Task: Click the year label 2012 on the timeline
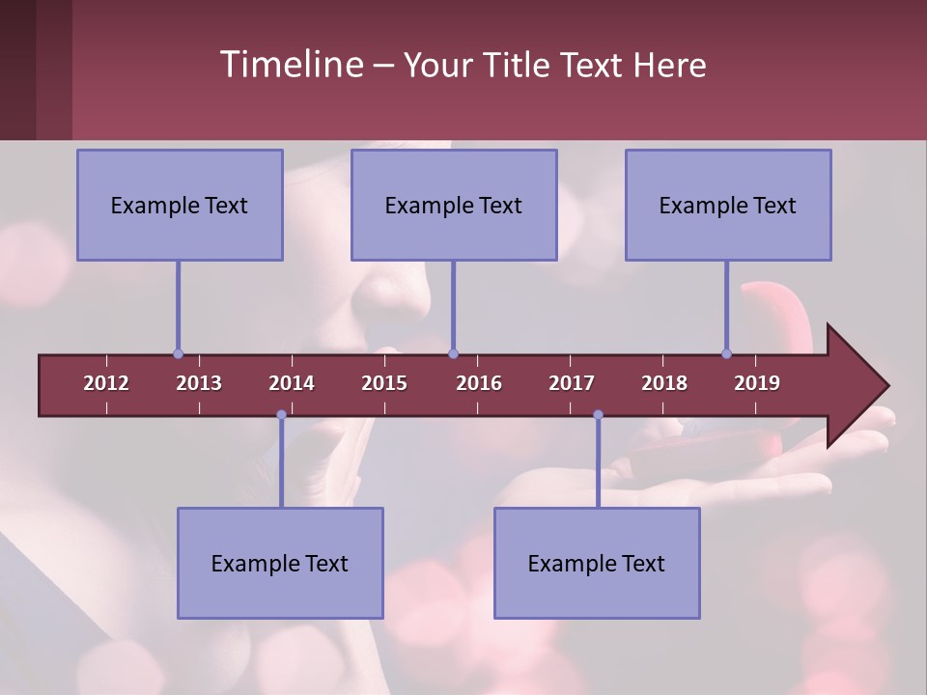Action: (106, 383)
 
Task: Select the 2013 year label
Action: (199, 383)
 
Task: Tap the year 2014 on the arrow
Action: (292, 383)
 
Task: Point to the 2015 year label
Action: (384, 383)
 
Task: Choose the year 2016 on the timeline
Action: (479, 383)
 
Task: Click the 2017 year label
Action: (572, 383)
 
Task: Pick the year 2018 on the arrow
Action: (664, 383)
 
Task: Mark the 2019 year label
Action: (757, 383)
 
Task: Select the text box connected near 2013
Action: (180, 205)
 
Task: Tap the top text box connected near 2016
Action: (454, 205)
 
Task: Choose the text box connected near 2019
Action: (728, 205)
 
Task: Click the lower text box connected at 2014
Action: (280, 563)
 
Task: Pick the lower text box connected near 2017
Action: (597, 563)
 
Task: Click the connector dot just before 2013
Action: (178, 353)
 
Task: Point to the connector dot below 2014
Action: (281, 415)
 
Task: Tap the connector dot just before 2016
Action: (453, 353)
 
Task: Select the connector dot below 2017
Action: (598, 415)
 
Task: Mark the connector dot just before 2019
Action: (726, 353)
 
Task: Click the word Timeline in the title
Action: (290, 65)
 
